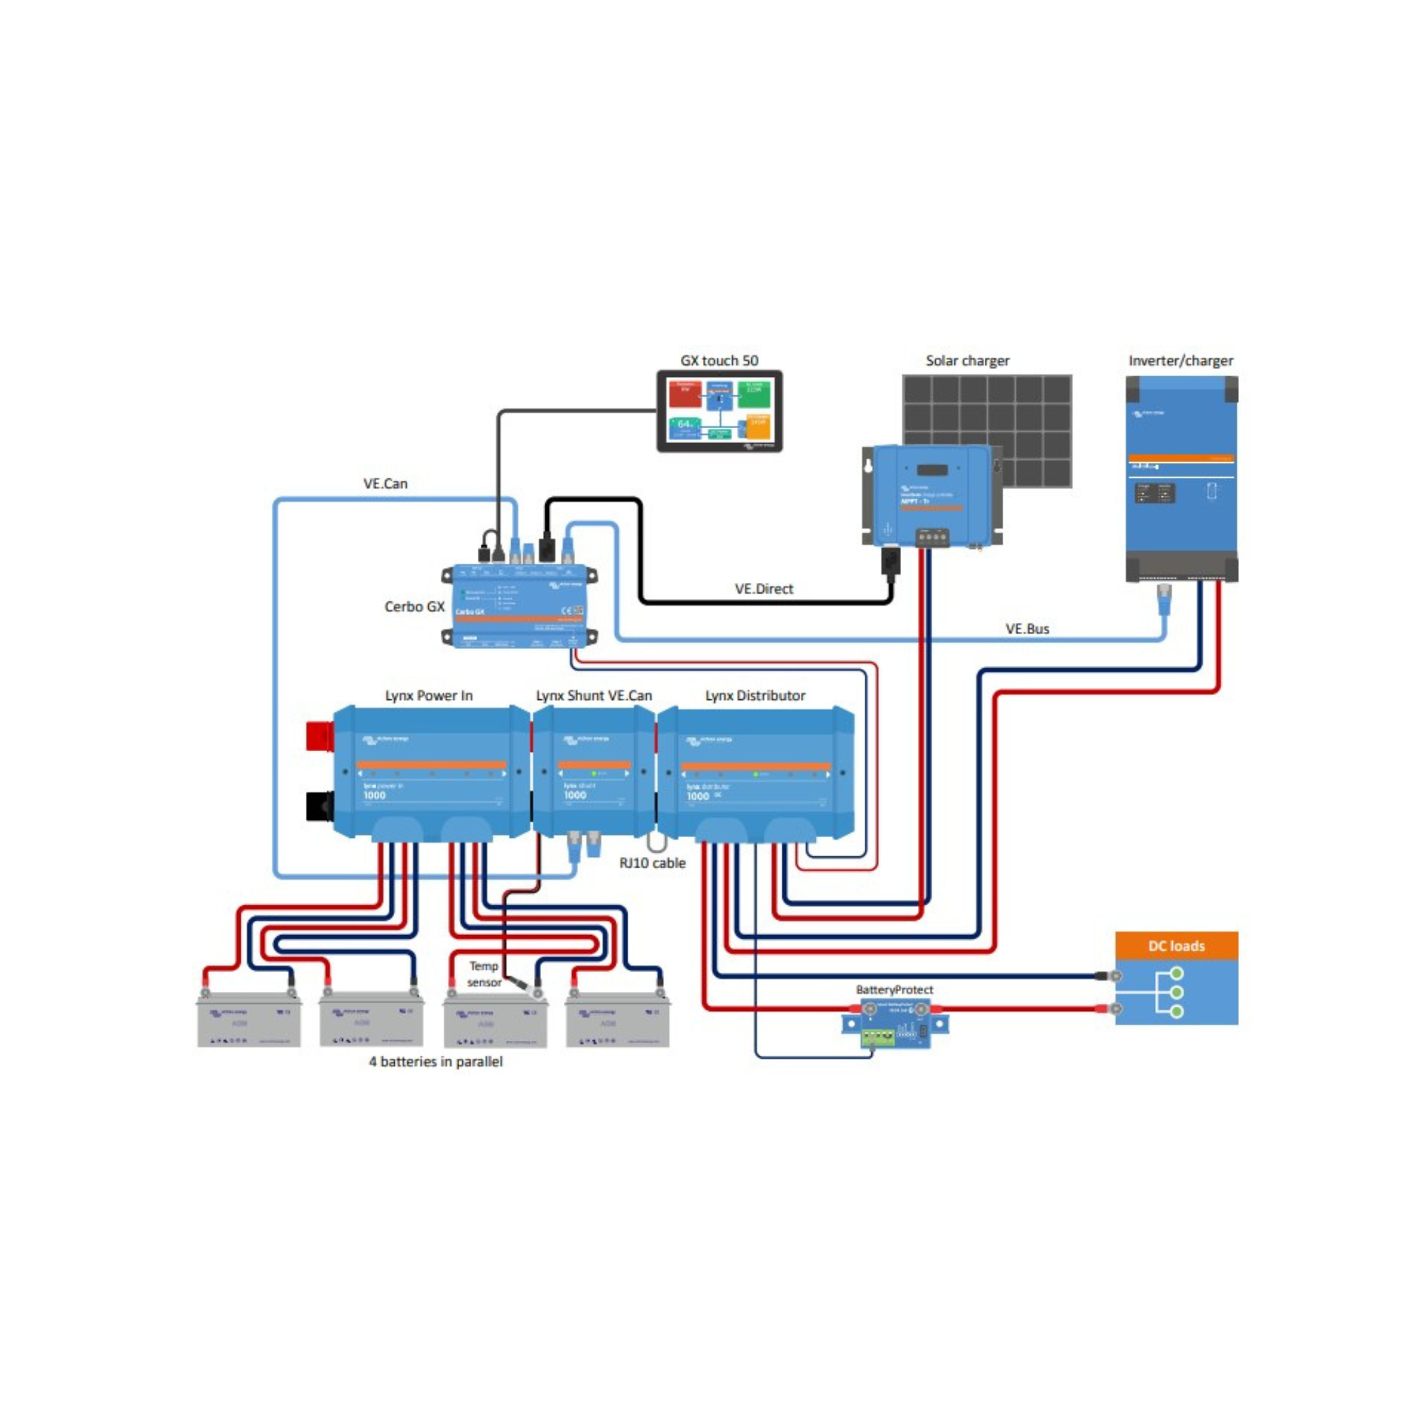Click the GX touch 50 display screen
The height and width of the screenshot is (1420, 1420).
click(719, 411)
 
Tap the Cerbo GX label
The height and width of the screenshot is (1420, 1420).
click(414, 606)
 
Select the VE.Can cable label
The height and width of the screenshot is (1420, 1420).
click(385, 484)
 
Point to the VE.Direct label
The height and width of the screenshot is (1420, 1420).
click(764, 589)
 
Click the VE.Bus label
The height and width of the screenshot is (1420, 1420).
click(1027, 629)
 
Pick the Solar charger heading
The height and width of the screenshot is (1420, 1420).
click(967, 361)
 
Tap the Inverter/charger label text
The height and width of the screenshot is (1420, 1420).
click(1181, 361)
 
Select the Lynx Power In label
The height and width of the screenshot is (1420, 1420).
click(429, 695)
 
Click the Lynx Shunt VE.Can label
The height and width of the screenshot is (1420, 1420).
click(594, 695)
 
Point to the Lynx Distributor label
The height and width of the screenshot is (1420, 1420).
click(755, 695)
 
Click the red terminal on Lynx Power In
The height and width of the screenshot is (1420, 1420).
click(319, 736)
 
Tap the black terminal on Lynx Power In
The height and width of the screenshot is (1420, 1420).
click(319, 806)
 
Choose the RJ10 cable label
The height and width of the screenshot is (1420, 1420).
click(652, 863)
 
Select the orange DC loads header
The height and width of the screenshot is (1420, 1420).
click(1176, 946)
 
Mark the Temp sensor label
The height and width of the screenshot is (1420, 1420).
click(484, 974)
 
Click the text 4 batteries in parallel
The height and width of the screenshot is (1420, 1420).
click(436, 1061)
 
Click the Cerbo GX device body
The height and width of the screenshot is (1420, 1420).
click(519, 606)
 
